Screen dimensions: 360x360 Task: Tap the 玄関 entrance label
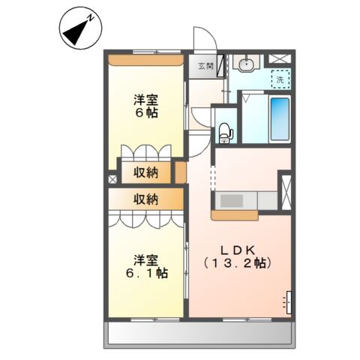coord(205,66)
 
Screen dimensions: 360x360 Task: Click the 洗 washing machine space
coord(280,79)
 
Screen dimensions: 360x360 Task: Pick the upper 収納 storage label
coord(146,173)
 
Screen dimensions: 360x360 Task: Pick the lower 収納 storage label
coord(146,199)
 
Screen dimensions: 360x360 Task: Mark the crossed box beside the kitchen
coord(285,188)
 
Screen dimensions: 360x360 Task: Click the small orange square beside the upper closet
coord(180,172)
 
